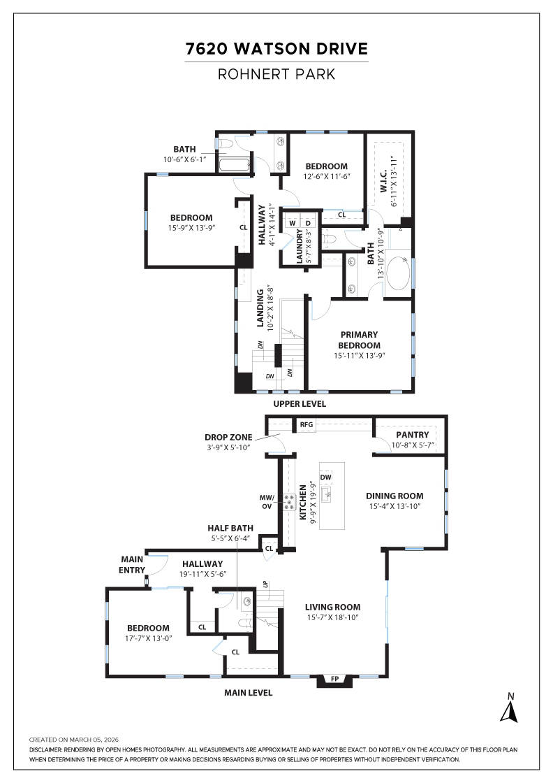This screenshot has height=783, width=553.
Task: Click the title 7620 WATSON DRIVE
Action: tap(276, 49)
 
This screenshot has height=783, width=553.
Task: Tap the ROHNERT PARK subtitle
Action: tap(276, 74)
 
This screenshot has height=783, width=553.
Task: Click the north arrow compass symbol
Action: tap(510, 707)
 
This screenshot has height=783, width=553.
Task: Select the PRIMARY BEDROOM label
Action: tap(360, 340)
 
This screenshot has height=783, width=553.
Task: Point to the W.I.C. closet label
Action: tap(384, 179)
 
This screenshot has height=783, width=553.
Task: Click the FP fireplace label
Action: tap(334, 679)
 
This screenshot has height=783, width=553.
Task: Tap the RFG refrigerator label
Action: tap(307, 424)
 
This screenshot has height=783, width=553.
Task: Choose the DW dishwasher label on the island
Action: tap(326, 477)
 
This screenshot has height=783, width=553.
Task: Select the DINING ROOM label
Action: tap(395, 496)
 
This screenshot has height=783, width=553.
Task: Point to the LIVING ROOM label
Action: tap(332, 607)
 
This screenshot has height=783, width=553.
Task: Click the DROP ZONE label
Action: tap(228, 437)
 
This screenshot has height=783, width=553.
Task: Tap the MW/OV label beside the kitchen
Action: tap(268, 501)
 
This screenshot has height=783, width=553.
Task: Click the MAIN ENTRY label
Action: tap(132, 563)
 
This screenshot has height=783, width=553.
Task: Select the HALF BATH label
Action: tap(230, 528)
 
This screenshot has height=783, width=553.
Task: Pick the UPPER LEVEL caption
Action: tap(299, 404)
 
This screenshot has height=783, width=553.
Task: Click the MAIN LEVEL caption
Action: tap(248, 693)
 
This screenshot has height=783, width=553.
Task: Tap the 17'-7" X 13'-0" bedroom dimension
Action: tap(148, 638)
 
